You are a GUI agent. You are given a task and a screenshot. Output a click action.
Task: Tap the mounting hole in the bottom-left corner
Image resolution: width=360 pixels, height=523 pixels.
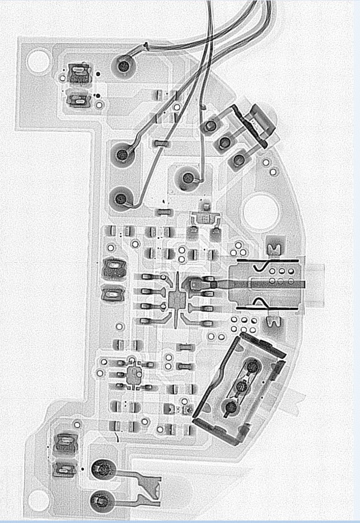click(38, 501)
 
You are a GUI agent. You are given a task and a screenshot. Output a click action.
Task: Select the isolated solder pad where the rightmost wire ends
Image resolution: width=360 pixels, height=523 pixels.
click(188, 177)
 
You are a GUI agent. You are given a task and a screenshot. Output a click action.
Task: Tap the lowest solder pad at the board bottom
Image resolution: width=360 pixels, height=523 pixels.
click(101, 500)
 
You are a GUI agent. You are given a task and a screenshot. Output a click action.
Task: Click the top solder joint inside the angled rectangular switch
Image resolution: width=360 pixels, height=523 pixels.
click(253, 367)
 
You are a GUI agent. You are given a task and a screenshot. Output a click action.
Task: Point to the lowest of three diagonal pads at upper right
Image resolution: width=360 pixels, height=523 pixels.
click(240, 159)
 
